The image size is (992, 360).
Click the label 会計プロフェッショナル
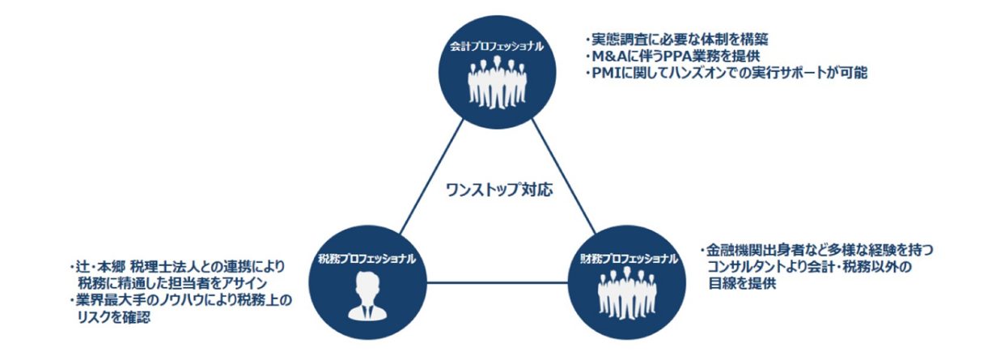click(496, 48)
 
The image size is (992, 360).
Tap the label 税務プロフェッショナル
click(367, 260)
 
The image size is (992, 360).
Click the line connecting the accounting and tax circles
click(431, 177)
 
